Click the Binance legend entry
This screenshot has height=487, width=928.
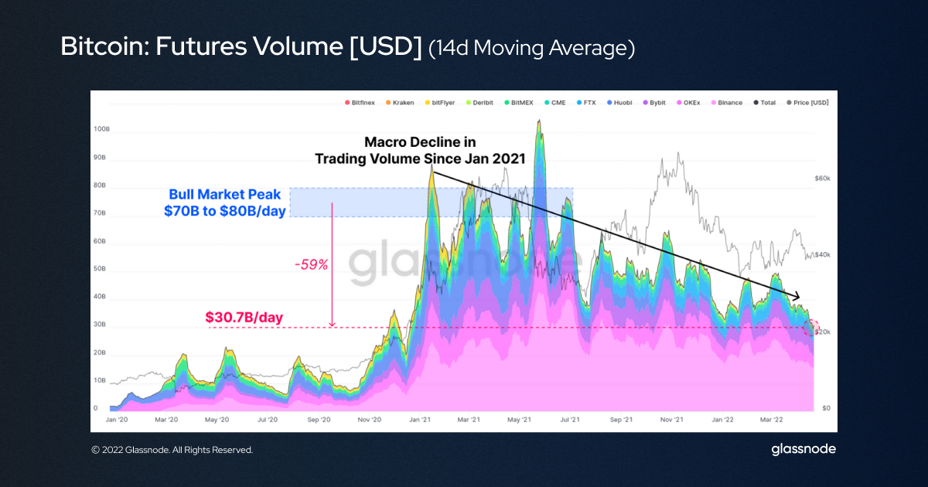pos(726,102)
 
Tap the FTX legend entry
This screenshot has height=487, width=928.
pos(585,102)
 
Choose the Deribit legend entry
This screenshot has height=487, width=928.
pos(481,102)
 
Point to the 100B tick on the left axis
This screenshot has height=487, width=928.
pos(101,130)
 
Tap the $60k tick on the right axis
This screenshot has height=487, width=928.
pos(822,179)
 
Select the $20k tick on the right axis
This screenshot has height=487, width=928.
pos(822,332)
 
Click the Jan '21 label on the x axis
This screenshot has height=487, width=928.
pos(420,420)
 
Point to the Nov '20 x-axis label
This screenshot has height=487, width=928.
pos(370,420)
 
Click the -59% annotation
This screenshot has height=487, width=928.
pos(312,265)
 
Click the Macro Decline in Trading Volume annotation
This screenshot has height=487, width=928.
pos(420,151)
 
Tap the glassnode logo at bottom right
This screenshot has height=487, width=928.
pos(803,449)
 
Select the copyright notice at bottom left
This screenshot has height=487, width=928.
pos(172,450)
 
